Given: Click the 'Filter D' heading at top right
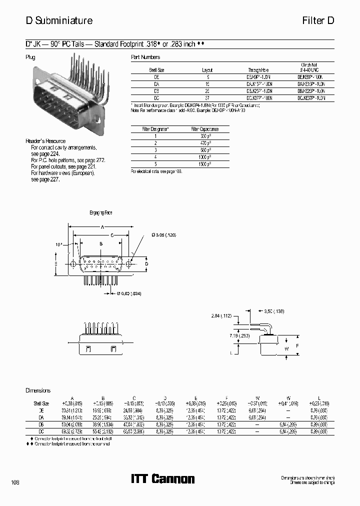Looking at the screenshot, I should (317, 20).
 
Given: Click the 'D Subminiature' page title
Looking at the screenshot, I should (59, 20).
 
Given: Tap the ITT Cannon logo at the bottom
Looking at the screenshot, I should (162, 478).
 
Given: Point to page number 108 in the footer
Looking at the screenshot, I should (15, 482).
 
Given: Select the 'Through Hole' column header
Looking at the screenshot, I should (258, 70).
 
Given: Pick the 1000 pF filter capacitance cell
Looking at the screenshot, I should (204, 157).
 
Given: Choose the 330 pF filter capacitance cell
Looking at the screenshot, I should (204, 136).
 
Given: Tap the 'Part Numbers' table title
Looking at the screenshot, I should (145, 57).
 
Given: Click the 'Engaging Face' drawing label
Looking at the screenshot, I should (101, 213).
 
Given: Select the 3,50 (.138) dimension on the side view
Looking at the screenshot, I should (274, 311).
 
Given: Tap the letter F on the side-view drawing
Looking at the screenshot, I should (297, 345).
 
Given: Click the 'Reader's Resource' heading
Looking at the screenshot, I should (45, 141).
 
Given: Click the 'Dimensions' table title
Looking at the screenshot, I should (38, 390).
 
